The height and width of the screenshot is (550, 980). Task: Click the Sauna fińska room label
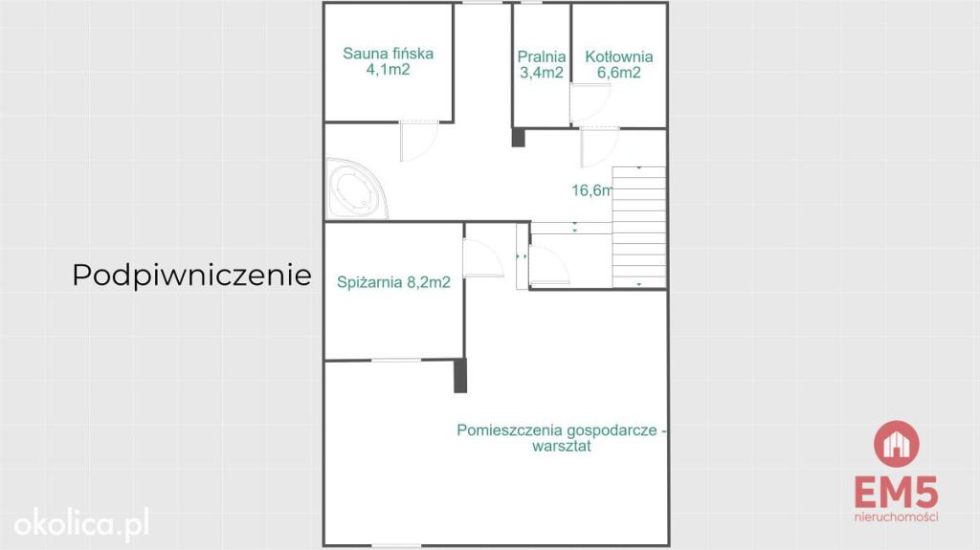[388, 61]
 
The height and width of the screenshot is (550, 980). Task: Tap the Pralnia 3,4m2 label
[542, 65]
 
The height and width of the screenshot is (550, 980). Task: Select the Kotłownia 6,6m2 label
[619, 65]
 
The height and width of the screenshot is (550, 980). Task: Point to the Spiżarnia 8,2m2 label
[393, 282]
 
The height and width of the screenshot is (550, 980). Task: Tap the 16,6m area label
[591, 190]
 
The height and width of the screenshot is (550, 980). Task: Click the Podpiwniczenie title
[191, 275]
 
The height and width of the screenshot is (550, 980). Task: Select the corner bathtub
[356, 188]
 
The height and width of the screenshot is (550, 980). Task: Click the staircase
[638, 227]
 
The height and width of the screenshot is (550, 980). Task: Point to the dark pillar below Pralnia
[518, 137]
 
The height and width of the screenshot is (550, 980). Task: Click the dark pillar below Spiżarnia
[460, 375]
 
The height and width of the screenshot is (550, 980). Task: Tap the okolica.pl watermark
[82, 524]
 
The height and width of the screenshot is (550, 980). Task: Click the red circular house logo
[896, 444]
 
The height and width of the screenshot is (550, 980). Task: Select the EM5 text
[896, 493]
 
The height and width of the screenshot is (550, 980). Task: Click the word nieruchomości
[896, 517]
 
